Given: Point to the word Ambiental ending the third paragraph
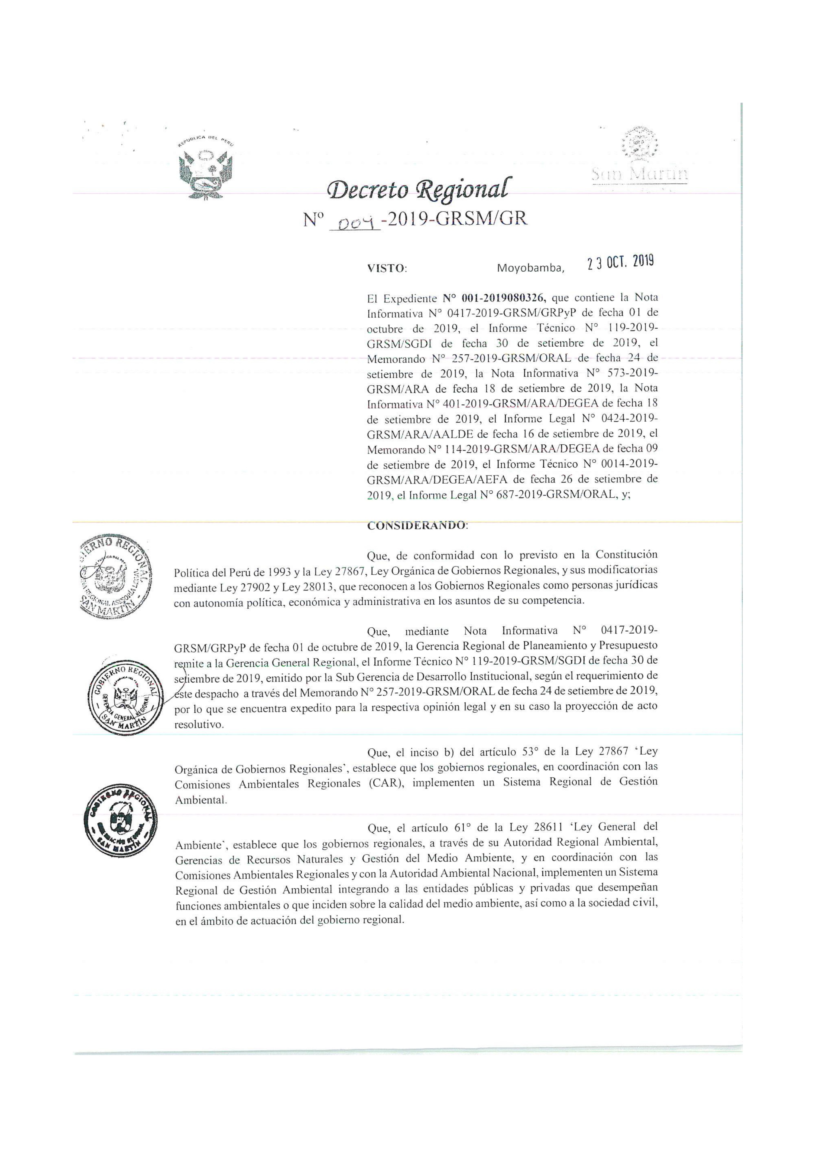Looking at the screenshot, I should point(200,800).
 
